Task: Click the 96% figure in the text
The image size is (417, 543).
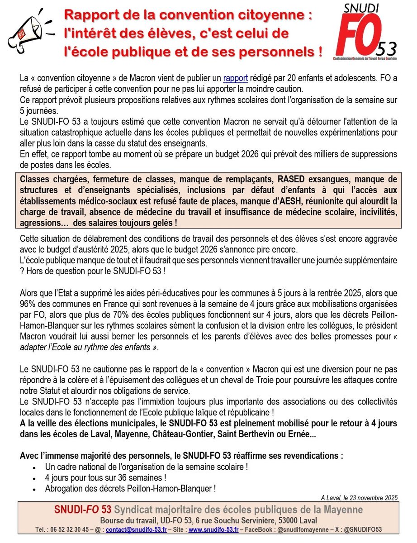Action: (x=28, y=303)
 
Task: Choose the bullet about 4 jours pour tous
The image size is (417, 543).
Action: (x=105, y=477)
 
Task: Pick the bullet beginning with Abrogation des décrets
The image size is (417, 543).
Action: (x=130, y=489)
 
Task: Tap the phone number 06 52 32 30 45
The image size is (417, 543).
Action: (x=55, y=529)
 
